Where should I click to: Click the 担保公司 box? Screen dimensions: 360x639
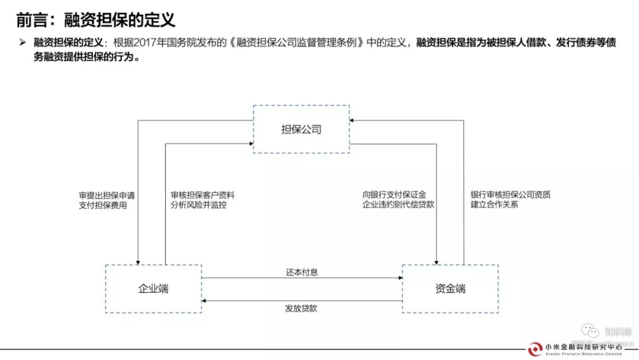(301, 129)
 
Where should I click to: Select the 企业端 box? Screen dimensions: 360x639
(153, 288)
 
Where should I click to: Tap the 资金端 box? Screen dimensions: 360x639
(450, 288)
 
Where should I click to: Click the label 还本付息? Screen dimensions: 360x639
(302, 272)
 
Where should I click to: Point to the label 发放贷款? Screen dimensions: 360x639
(301, 308)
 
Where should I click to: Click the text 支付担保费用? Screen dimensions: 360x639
(103, 205)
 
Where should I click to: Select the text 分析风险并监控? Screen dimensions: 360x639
(199, 205)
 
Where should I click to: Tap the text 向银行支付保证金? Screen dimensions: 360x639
(395, 194)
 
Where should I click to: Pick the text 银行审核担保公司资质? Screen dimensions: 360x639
(511, 194)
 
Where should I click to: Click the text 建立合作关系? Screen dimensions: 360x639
(495, 205)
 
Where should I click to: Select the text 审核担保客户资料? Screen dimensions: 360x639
(203, 194)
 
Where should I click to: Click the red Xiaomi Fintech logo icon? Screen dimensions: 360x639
(534, 349)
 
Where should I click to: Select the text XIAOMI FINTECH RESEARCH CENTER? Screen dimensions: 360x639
(583, 354)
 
